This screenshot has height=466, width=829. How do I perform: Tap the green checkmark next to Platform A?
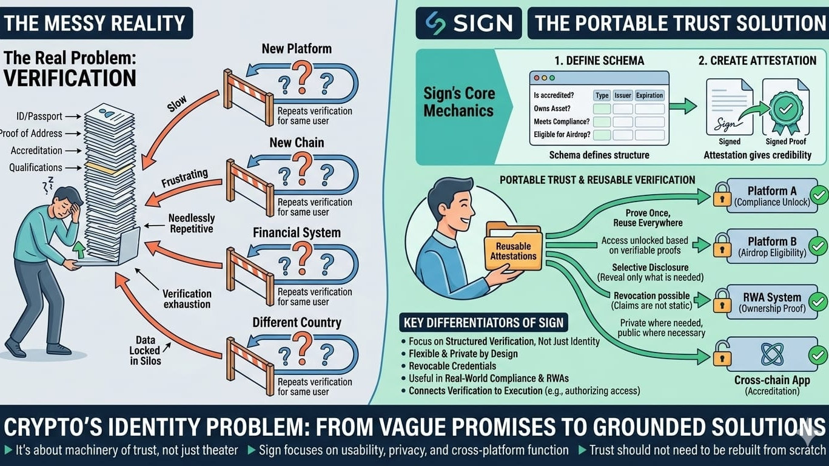(819, 195)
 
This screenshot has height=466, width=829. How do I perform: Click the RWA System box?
(767, 302)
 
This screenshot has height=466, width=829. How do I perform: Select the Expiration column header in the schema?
(649, 95)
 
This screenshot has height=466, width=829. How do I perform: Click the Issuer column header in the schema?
(623, 95)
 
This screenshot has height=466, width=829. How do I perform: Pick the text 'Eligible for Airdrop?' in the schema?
(562, 135)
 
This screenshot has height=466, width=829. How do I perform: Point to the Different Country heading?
(297, 322)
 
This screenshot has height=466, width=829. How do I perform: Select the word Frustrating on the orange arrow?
(184, 179)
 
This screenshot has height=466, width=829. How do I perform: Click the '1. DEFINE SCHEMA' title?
(599, 60)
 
